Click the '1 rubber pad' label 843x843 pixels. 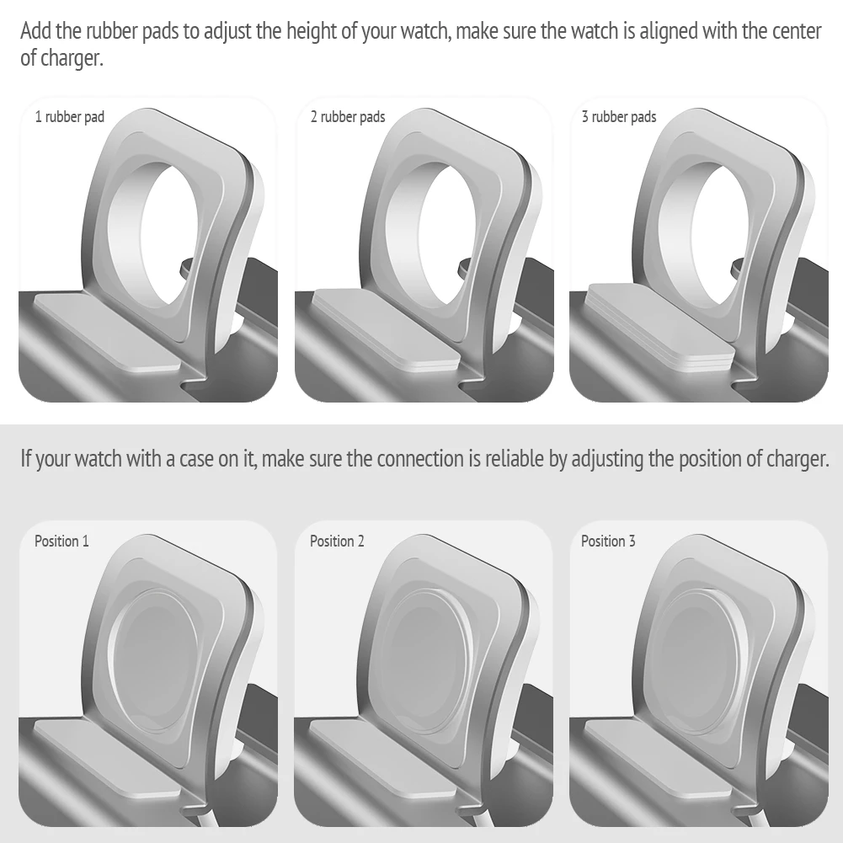pos(69,117)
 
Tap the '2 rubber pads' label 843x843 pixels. pos(348,117)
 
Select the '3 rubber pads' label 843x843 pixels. pos(619,117)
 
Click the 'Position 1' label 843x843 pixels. pos(61,541)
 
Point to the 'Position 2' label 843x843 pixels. pos(337,541)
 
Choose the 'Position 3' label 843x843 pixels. pos(608,541)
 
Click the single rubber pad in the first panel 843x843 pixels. pos(108,331)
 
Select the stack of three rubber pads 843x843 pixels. pos(660,325)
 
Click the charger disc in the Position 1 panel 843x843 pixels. pos(152,659)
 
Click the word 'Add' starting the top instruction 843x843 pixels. pos(35,31)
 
